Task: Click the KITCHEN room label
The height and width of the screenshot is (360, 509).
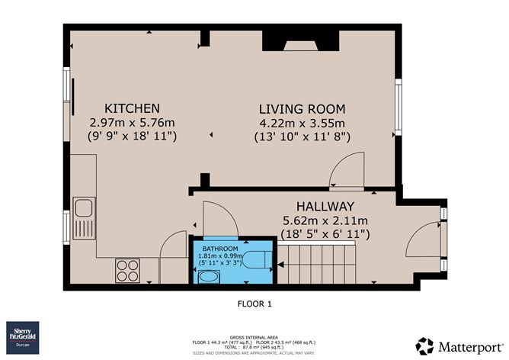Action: pyautogui.click(x=132, y=108)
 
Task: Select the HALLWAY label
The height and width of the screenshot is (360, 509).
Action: pyautogui.click(x=325, y=207)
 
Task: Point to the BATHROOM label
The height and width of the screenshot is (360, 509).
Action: pyautogui.click(x=220, y=249)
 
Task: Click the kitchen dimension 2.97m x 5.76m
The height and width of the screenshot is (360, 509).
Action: pyautogui.click(x=132, y=122)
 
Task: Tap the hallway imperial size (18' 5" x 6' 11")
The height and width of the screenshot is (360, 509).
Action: pyautogui.click(x=325, y=234)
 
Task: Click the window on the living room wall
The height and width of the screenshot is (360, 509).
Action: pyautogui.click(x=398, y=103)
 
